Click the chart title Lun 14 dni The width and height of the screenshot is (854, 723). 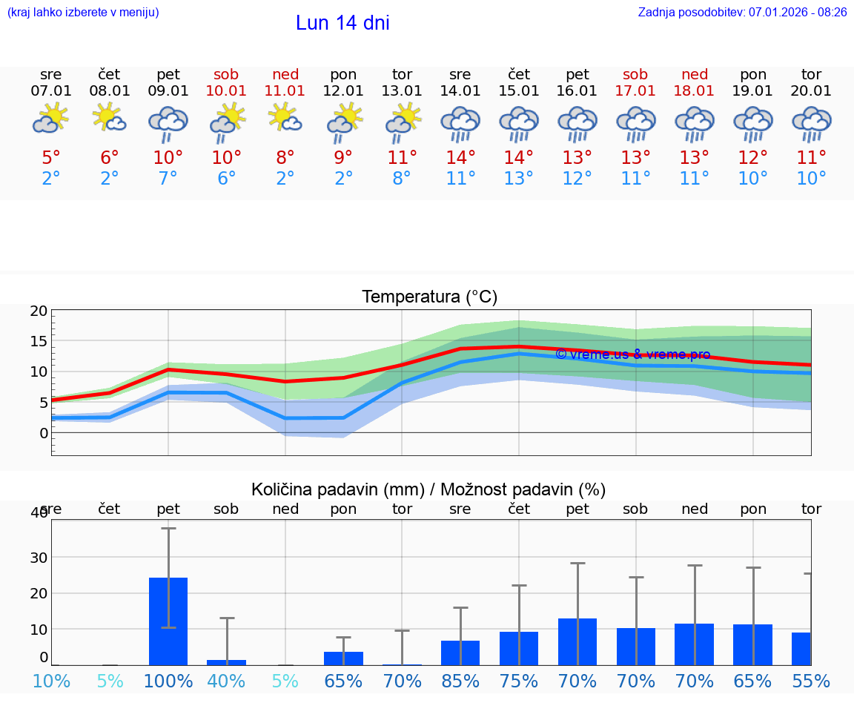pos(342,23)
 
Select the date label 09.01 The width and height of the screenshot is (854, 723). pos(168,90)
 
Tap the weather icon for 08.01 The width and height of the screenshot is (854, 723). pos(110,119)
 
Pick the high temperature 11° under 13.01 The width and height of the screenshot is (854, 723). pos(402,158)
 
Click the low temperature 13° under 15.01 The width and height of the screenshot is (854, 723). pos(519,179)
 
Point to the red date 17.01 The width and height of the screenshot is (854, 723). pos(635,90)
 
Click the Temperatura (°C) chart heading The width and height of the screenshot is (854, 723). pos(429,297)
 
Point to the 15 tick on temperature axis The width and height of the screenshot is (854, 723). pos(39,341)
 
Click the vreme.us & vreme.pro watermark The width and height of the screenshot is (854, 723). pos(632,354)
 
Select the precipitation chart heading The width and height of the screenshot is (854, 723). pos(428,489)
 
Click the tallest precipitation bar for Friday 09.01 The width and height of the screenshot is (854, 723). pos(168,621)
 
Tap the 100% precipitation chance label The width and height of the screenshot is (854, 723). pos(168,681)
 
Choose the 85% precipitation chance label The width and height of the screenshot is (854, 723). pos(460,681)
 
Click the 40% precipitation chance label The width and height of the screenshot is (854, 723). pos(227,681)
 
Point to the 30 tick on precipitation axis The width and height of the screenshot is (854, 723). pos(39,557)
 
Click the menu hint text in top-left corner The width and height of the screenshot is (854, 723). pos(83,12)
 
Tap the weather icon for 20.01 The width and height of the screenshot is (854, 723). pos(812,123)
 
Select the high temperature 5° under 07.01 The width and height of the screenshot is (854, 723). pos(51,158)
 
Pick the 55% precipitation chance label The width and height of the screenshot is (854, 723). pos(811,681)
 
